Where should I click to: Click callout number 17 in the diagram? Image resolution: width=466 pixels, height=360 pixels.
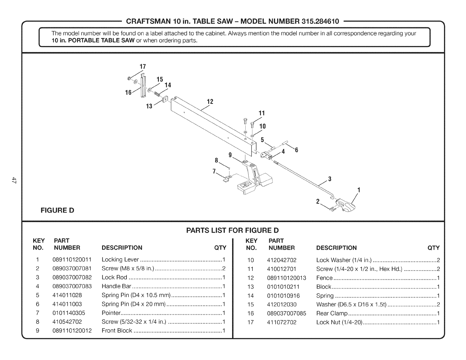pyautogui.click(x=143, y=67)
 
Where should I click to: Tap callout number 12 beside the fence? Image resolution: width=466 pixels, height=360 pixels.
pyautogui.click(x=210, y=102)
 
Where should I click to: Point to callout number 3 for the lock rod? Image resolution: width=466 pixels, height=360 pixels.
pyautogui.click(x=330, y=179)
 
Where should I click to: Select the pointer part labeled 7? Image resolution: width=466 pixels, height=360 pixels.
pyautogui.click(x=227, y=179)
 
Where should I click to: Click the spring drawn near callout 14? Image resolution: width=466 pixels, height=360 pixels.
pyautogui.click(x=157, y=94)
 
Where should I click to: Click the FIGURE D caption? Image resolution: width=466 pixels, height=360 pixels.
pyautogui.click(x=57, y=210)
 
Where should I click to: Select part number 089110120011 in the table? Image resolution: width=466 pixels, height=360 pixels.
pyautogui.click(x=72, y=260)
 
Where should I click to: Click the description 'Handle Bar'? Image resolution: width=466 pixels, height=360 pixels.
pyautogui.click(x=116, y=286)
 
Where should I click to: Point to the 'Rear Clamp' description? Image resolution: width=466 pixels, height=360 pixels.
pyautogui.click(x=332, y=313)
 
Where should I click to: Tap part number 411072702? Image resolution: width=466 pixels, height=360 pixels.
pyautogui.click(x=282, y=322)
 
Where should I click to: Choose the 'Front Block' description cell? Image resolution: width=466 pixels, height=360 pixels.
pyautogui.click(x=117, y=331)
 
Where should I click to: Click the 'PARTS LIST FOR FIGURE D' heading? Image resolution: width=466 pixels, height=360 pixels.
pyautogui.click(x=232, y=230)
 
